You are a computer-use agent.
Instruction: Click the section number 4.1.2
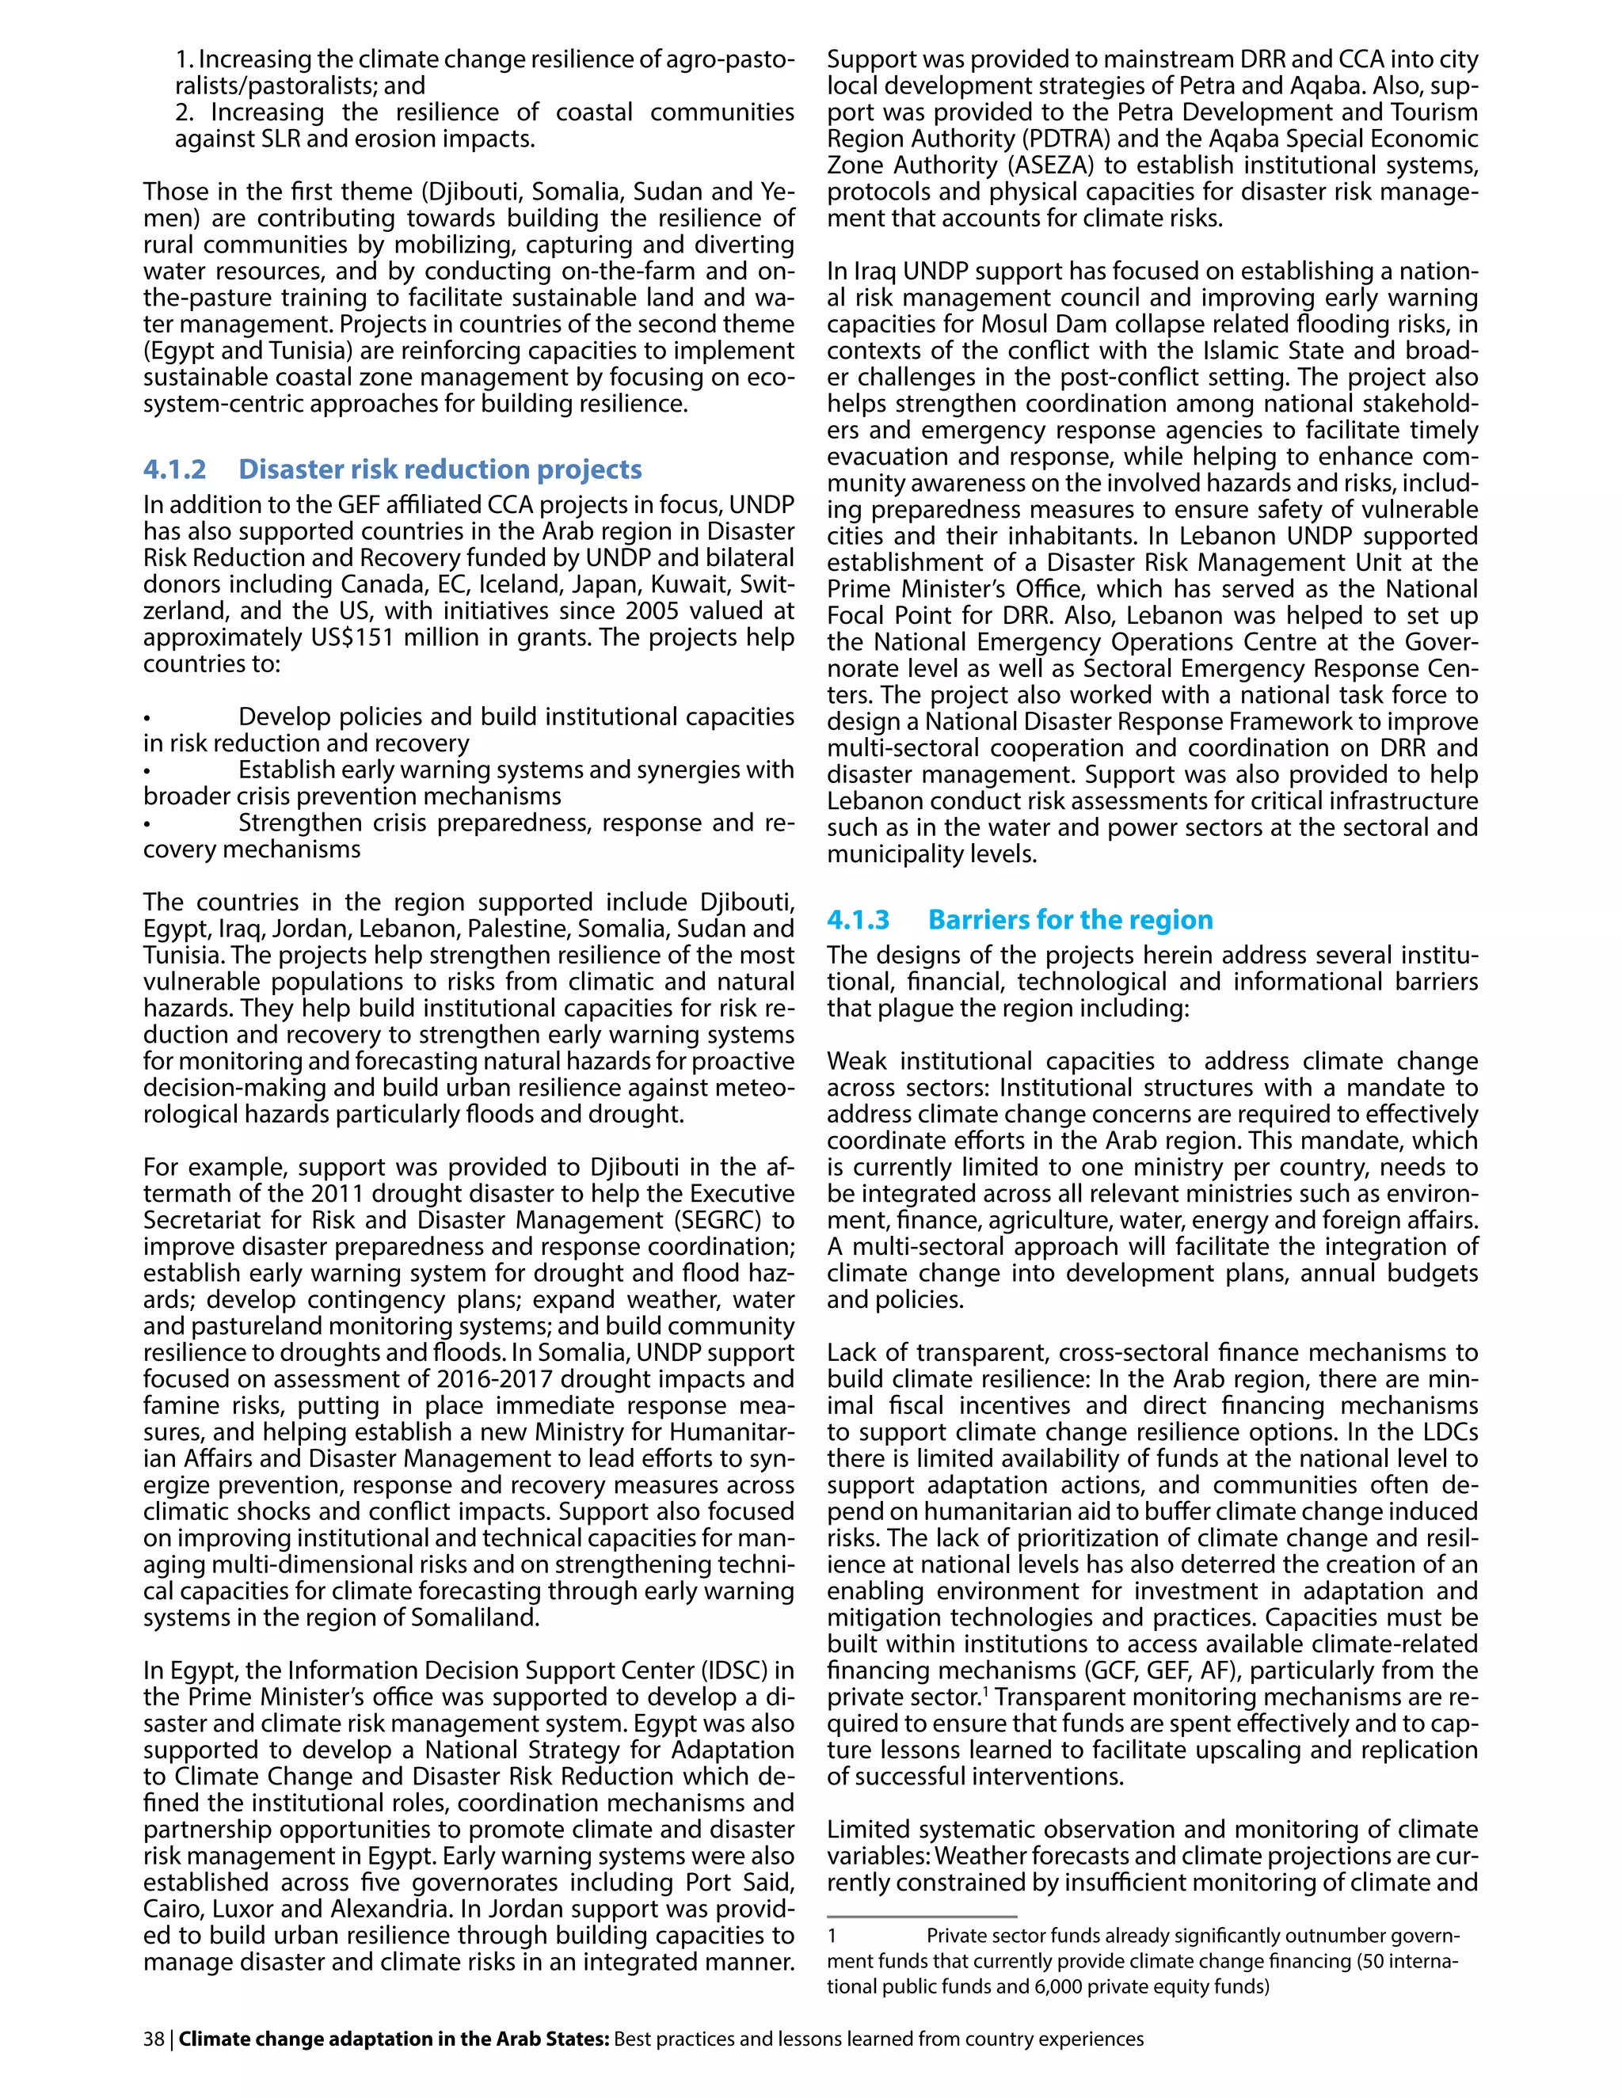tap(175, 469)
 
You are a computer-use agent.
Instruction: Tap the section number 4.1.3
tap(858, 919)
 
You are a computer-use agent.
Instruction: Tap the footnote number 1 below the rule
tap(832, 1936)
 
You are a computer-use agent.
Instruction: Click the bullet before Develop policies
tap(147, 717)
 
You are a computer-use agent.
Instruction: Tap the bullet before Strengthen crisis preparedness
tap(147, 823)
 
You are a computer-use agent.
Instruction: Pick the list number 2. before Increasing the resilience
tap(185, 112)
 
